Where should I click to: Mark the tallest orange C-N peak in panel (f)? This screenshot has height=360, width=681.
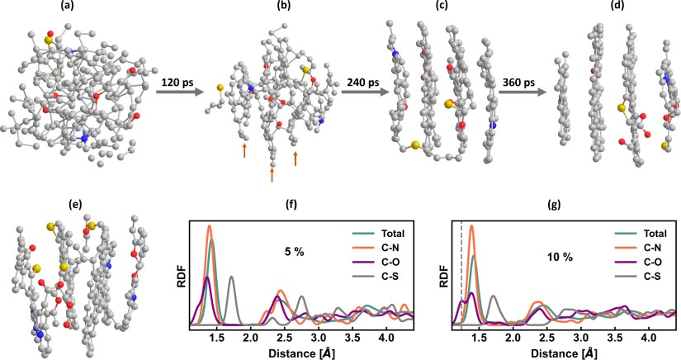click(210, 227)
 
